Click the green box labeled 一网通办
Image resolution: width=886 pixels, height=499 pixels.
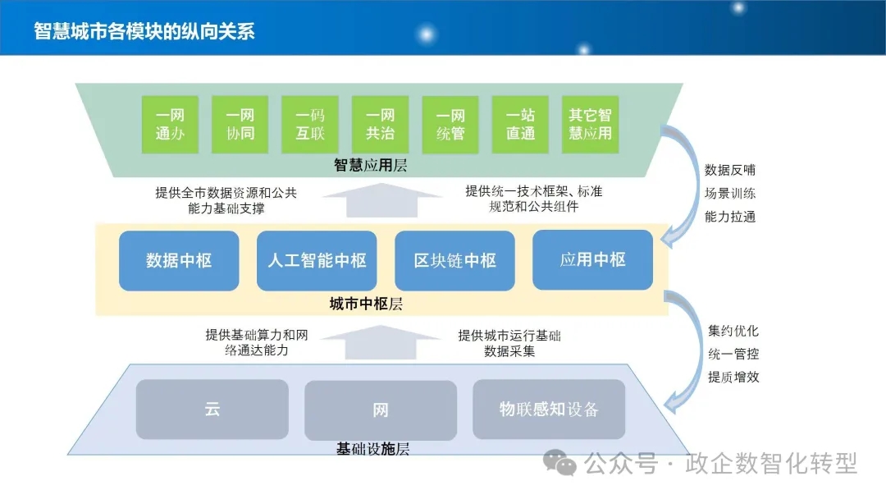coord(170,124)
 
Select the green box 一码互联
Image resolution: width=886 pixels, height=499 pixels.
coord(310,124)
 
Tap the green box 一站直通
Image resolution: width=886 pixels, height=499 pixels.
coord(520,124)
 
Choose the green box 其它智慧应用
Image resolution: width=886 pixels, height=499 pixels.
coord(591,124)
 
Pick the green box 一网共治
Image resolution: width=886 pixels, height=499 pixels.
coord(381,124)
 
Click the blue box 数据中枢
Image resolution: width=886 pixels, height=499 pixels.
coord(179,260)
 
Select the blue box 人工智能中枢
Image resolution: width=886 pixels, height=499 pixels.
coord(317,260)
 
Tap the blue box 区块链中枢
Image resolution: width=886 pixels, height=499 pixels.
coord(454,260)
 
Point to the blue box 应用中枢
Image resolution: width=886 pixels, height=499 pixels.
coord(593,260)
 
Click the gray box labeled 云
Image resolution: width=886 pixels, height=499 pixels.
coord(212,410)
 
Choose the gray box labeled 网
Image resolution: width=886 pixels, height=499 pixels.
coord(381,410)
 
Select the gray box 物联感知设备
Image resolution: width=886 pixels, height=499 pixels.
coord(549,410)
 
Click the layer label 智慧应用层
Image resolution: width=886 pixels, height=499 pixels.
coord(371,165)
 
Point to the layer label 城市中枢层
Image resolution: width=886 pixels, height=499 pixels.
coord(366,304)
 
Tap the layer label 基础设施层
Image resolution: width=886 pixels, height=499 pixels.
coord(373,449)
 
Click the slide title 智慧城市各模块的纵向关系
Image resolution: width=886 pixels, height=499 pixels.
coord(144,31)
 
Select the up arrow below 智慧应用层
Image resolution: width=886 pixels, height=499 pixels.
coord(382,200)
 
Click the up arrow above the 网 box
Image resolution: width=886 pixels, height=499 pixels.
coord(381,342)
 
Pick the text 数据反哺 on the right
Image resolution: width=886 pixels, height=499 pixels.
coord(730,170)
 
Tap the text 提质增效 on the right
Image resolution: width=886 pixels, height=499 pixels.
coord(733,377)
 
